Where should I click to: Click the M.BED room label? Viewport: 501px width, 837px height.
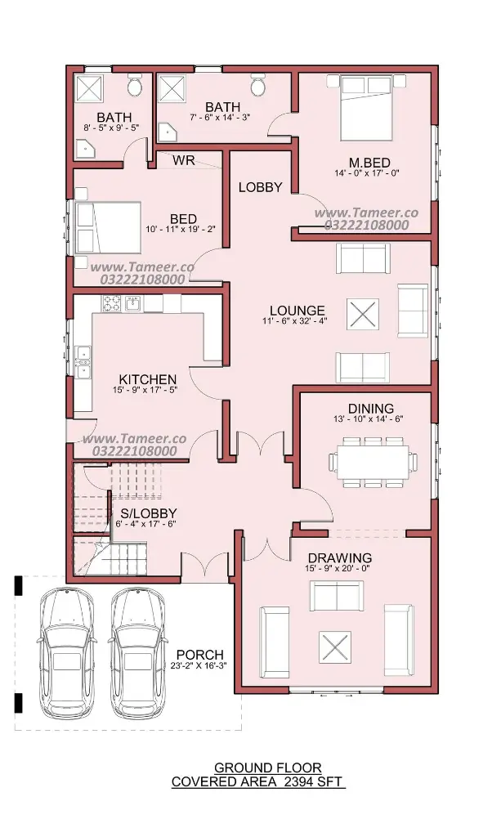point(369,163)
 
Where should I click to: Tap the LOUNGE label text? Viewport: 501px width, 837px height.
point(297,310)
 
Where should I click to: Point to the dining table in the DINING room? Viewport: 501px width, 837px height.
point(373,462)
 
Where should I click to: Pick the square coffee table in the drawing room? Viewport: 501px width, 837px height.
point(335,647)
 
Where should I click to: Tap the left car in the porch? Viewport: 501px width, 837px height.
point(66,652)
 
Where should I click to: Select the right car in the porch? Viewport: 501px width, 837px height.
point(137,652)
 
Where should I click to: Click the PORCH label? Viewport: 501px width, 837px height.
point(200,654)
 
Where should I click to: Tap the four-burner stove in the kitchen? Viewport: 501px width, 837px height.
point(111,303)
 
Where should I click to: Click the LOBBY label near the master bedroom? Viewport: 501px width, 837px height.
point(260,187)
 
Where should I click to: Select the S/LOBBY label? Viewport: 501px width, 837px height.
point(148,513)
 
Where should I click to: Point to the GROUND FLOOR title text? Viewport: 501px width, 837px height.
point(268,768)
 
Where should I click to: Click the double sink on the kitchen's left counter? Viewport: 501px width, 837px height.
point(83,362)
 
